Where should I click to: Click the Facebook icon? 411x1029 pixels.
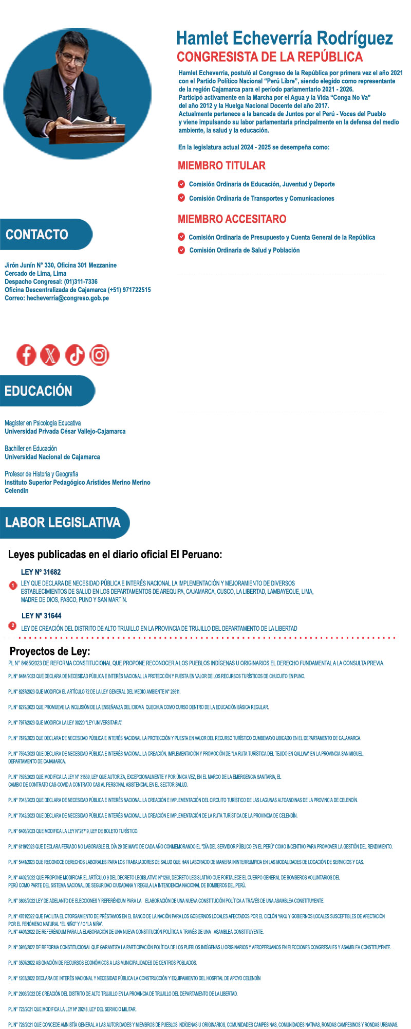pos(26,355)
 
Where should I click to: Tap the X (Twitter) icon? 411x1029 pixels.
pos(50,355)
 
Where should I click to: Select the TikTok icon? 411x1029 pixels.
pos(75,355)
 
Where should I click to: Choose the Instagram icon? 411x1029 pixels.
pos(99,355)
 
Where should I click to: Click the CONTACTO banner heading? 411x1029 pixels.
pos(38,235)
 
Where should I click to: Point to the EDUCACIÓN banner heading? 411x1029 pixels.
pos(39,391)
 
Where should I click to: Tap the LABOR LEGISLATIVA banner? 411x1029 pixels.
pos(63,523)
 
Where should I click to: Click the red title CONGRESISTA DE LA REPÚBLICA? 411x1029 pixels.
pos(270,57)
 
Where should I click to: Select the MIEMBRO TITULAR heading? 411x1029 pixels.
pos(221,166)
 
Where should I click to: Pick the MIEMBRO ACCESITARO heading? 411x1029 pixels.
pos(232,219)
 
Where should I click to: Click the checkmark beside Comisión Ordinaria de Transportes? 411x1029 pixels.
pos(181,198)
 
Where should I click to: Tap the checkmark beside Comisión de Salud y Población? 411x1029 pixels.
pos(181,250)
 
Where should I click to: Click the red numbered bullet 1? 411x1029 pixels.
pos(13,586)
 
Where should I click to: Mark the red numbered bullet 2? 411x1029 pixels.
pos(13,626)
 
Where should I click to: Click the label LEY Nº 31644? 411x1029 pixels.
pos(42,616)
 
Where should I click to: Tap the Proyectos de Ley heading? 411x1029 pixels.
pos(50,651)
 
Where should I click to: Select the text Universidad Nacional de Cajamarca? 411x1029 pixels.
pos(52,457)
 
